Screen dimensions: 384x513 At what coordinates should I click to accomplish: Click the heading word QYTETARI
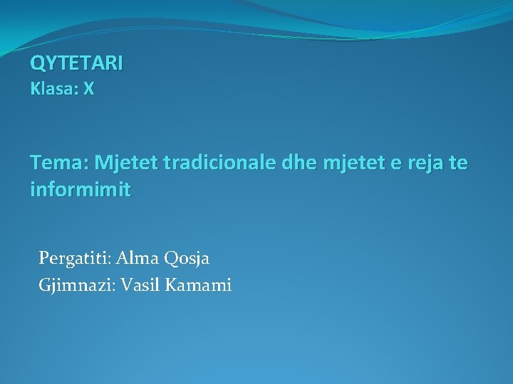click(x=76, y=63)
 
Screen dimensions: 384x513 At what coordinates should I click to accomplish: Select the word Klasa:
click(x=53, y=90)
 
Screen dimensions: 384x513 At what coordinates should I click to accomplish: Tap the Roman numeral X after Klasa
click(x=88, y=90)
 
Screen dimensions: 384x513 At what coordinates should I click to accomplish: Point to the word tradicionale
click(x=220, y=164)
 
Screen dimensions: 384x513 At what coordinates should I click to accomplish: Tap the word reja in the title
click(x=427, y=164)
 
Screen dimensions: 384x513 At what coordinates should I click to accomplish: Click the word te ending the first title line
click(x=460, y=164)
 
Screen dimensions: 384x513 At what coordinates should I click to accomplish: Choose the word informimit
click(x=81, y=191)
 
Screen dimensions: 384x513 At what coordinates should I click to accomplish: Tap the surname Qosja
click(x=187, y=258)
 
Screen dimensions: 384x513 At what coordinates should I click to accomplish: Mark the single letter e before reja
click(x=397, y=164)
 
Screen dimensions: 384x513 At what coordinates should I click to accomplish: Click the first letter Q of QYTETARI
click(x=36, y=63)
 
